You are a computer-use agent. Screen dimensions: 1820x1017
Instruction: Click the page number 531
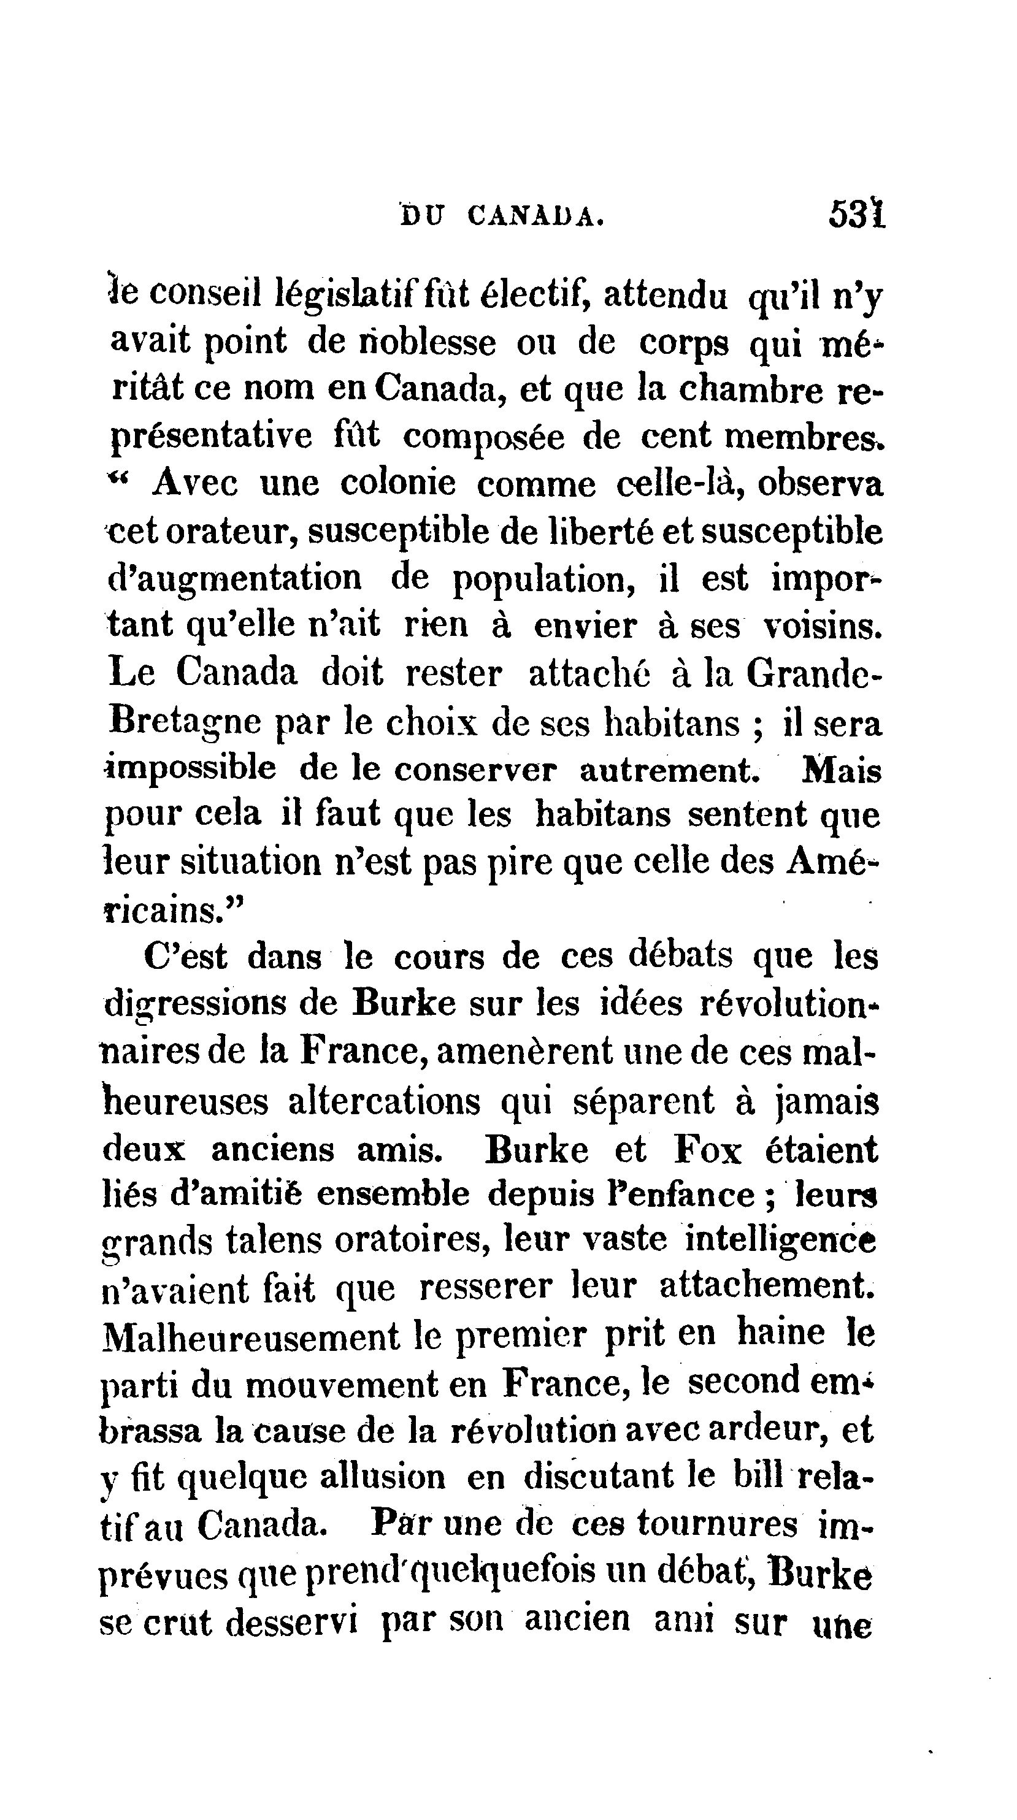[856, 214]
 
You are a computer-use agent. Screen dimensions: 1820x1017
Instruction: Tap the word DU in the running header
[422, 215]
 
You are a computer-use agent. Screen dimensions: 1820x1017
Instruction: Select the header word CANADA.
[535, 215]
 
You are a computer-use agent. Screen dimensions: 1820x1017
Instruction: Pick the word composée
[483, 437]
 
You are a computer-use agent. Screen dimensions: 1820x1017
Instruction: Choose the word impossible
[191, 770]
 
